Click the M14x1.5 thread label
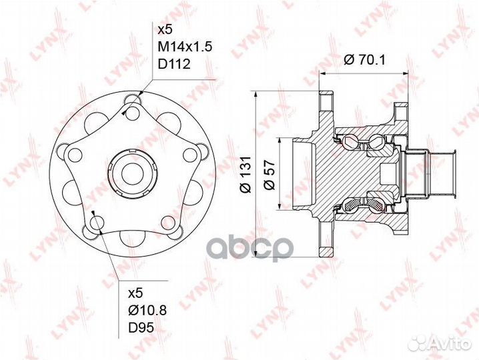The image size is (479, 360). coord(185,47)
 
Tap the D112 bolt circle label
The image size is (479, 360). coord(174,64)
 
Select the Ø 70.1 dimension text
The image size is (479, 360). coord(364,60)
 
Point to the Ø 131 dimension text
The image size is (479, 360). coord(246,175)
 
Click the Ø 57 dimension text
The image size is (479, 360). coord(269,175)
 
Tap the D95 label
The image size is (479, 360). coord(141,327)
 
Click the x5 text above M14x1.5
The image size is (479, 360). coord(165,29)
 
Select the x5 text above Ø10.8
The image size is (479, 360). coord(135,294)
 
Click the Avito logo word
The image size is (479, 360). coord(451,344)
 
